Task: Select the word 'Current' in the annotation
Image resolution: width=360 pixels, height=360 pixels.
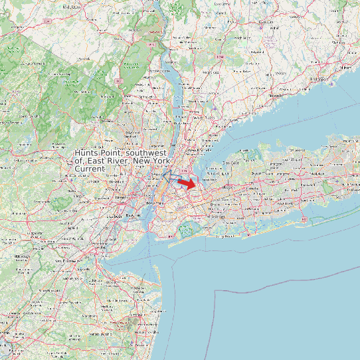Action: pos(90,169)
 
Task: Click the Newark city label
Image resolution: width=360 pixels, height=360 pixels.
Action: pos(121,197)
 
